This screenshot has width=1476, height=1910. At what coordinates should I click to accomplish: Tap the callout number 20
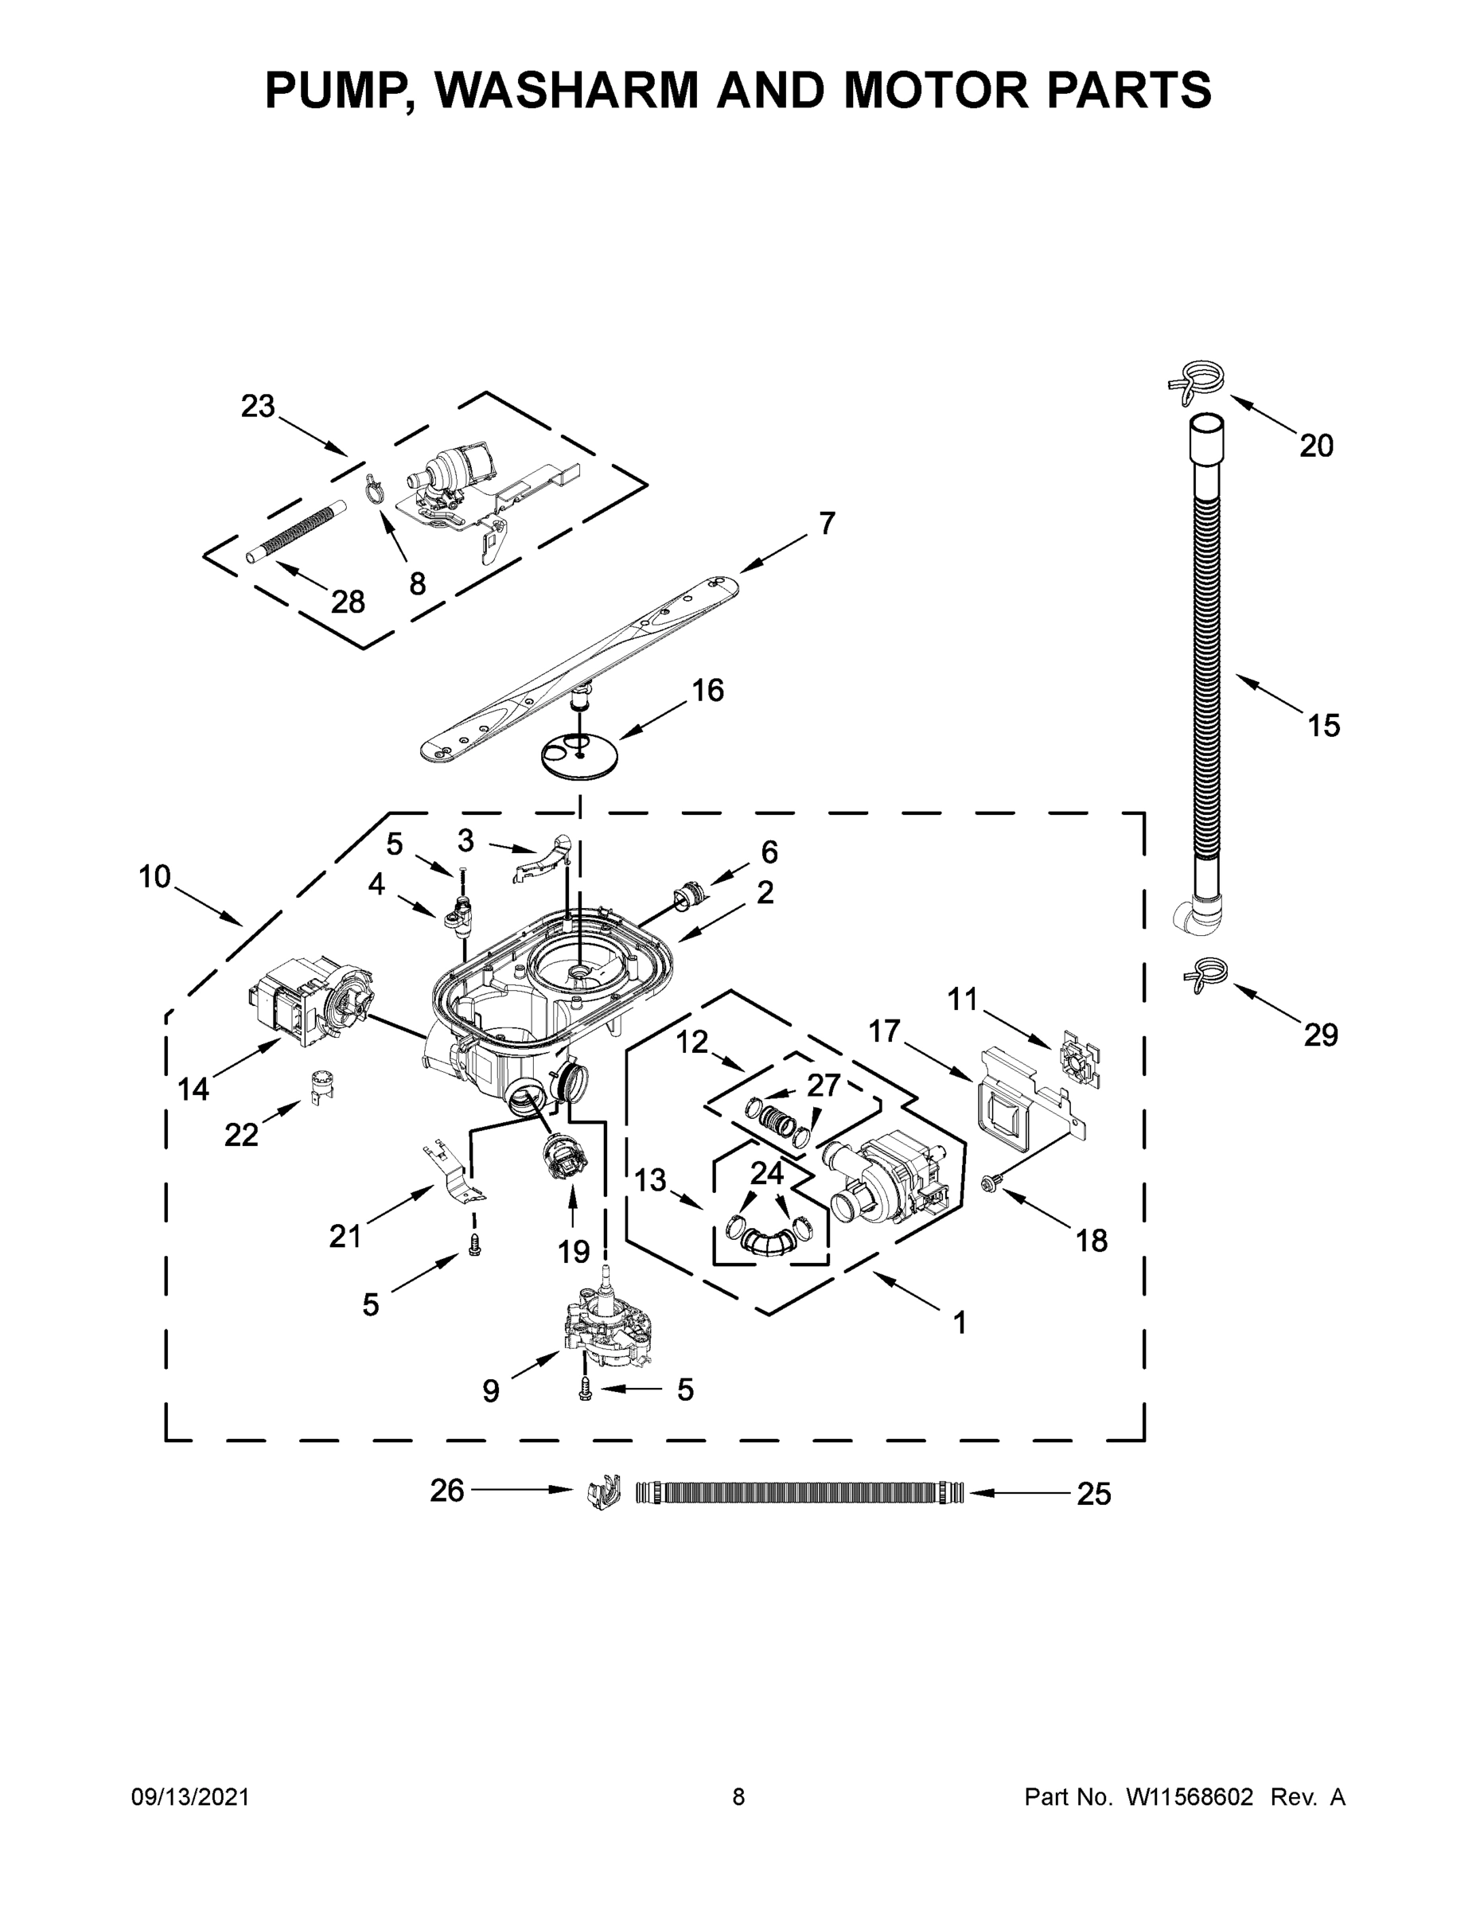pos(1316,446)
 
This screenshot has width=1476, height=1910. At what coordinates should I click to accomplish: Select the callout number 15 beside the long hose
pos(1323,725)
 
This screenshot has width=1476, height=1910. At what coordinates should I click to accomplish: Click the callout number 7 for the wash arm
pos(826,523)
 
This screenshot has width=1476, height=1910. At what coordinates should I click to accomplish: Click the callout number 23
pos(257,406)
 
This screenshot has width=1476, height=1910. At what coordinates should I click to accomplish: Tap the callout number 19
pos(574,1252)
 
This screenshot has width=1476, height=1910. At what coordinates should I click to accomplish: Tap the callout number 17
pos(884,1031)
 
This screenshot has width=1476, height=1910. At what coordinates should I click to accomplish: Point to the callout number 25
pos(1093,1495)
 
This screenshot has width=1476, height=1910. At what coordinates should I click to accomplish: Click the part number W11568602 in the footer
pos(1190,1797)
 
